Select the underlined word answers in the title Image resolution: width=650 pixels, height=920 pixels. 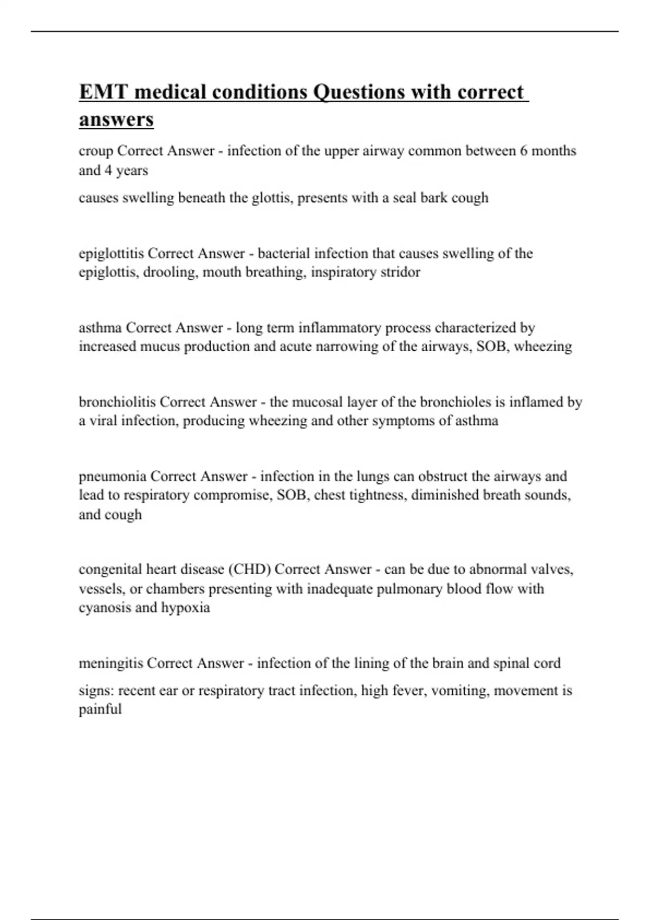pos(116,119)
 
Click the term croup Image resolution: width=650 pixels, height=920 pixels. pos(96,151)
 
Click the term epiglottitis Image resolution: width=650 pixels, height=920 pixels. pos(111,253)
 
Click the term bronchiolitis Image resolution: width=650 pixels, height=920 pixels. pos(117,402)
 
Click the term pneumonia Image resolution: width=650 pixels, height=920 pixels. pos(113,477)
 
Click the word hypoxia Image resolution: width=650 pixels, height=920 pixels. pos(185,608)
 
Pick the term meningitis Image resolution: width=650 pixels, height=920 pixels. pos(110,663)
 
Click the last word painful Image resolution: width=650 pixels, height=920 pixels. pos(100,709)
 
